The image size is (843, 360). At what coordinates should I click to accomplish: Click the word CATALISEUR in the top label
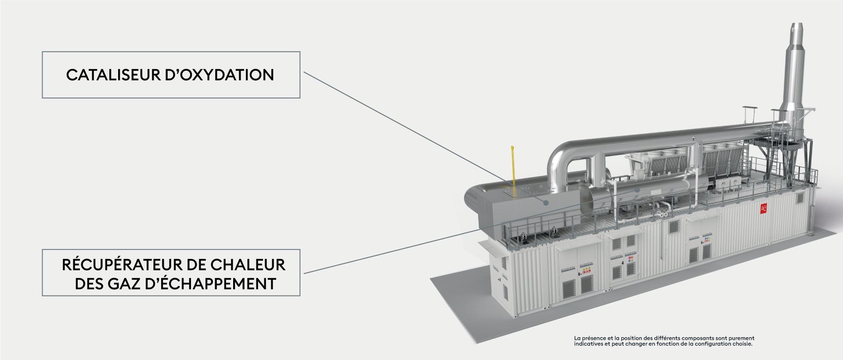114,75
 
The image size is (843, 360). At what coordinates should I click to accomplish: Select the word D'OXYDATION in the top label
220,75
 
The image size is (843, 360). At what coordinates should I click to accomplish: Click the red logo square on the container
764,209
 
